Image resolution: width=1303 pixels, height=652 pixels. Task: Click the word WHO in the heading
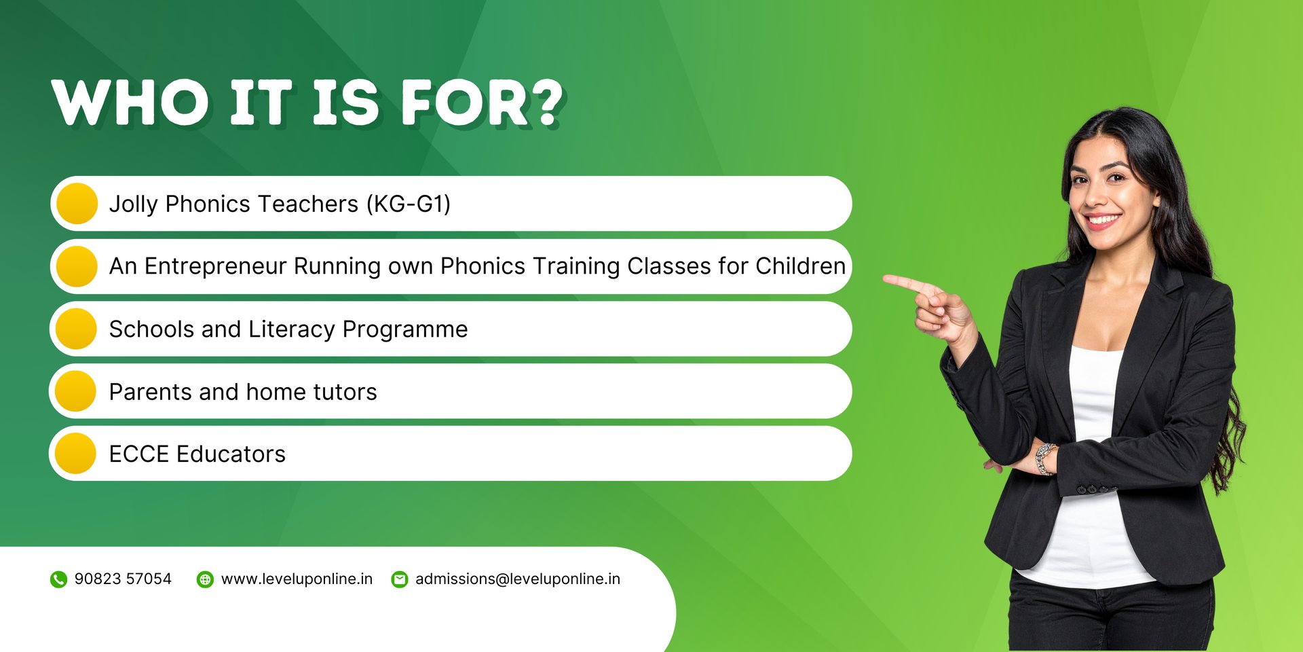130,103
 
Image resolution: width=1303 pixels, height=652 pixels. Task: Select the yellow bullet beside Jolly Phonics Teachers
77,204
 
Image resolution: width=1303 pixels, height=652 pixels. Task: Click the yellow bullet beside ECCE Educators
75,454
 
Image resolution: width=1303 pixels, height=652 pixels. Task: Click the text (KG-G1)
409,204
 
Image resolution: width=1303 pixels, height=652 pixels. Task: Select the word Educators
231,454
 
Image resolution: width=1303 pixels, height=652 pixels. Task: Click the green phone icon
58,579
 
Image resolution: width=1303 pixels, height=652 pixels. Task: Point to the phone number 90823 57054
123,579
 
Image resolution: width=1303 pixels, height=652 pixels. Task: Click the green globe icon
205,579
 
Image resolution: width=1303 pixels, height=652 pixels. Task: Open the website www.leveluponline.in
297,579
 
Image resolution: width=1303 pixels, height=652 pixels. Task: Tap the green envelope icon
400,579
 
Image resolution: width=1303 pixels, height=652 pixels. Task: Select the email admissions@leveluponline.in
518,579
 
